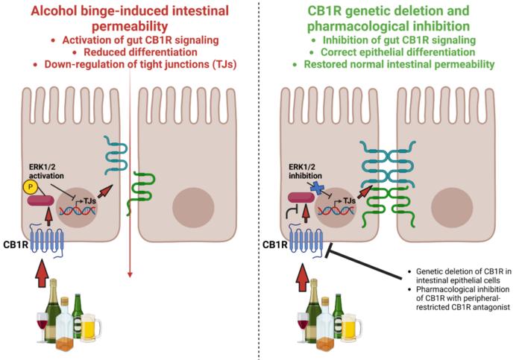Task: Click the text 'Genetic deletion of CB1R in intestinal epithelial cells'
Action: pyautogui.click(x=463, y=275)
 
